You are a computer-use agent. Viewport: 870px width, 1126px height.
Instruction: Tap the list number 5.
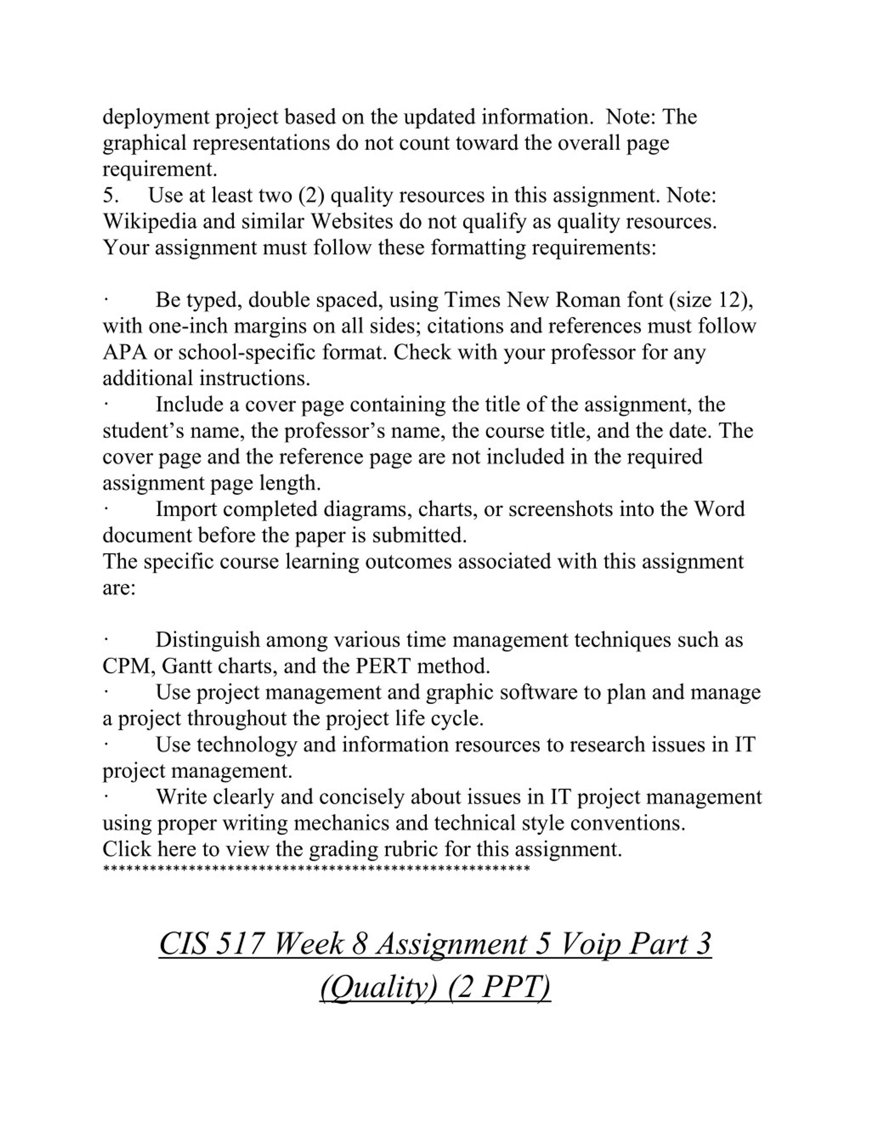(x=110, y=195)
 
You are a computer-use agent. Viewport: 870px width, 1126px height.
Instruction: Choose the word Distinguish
(x=207, y=640)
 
